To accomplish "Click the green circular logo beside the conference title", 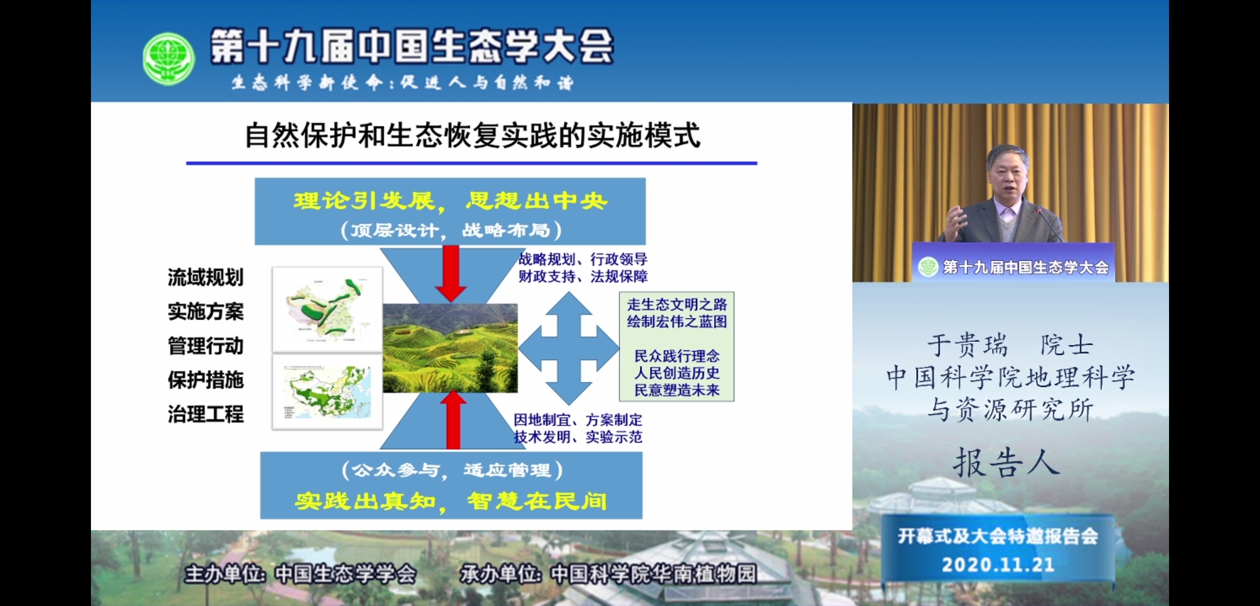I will tap(168, 58).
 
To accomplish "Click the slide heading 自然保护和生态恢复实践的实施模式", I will tap(472, 136).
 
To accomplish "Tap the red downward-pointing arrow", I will tap(450, 273).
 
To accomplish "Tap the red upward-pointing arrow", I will tap(453, 420).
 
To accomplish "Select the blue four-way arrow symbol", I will tap(568, 348).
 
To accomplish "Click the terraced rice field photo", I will tap(450, 348).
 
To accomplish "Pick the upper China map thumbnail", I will tap(327, 309).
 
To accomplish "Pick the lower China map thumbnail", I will tap(327, 391).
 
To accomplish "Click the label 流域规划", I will tap(206, 277).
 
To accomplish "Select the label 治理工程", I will tap(206, 414).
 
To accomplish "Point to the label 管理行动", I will tap(206, 346).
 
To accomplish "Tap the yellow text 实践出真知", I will tap(366, 501).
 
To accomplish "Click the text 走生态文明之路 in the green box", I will tap(677, 305).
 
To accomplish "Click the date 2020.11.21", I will tap(998, 564).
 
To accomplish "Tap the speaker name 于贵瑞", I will tap(967, 345).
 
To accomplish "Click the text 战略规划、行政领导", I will tap(583, 259).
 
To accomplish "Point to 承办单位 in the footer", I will tap(500, 574).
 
